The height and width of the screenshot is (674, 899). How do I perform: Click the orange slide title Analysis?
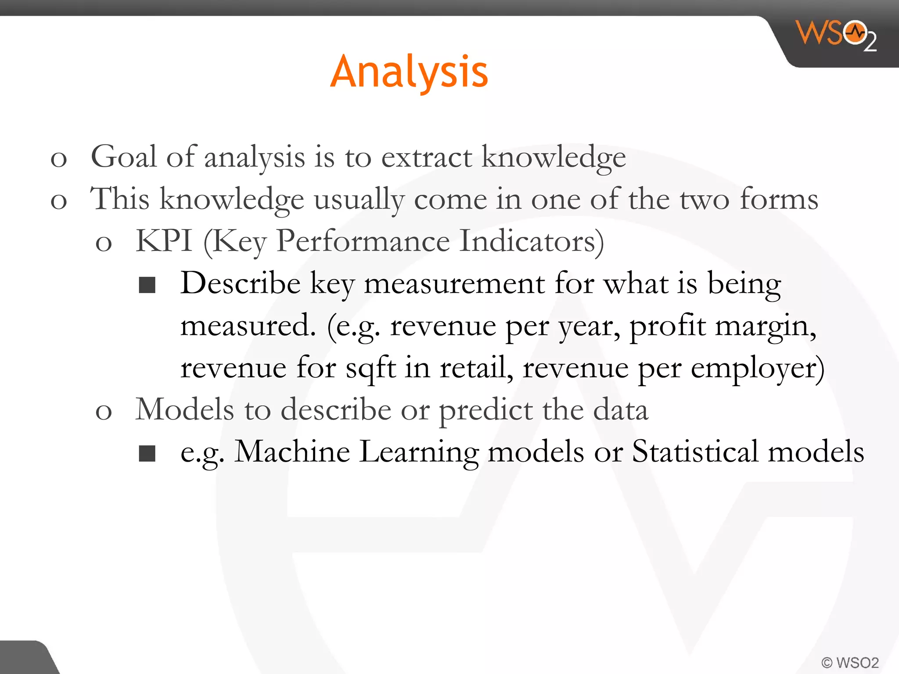(x=409, y=72)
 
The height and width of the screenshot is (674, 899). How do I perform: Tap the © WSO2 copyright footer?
(x=850, y=662)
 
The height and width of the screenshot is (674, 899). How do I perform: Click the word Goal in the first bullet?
(x=123, y=157)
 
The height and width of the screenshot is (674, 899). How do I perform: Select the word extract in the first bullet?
(x=427, y=158)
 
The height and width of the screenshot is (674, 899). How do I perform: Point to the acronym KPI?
(x=164, y=241)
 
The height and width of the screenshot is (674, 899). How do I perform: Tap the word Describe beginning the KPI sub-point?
(x=240, y=283)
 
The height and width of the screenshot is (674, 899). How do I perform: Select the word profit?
(x=668, y=326)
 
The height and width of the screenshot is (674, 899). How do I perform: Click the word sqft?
(x=370, y=368)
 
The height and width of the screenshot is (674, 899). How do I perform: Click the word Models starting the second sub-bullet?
(x=184, y=409)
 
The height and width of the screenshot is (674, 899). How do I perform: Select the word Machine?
(x=292, y=452)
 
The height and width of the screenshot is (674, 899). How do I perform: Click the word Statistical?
(x=695, y=452)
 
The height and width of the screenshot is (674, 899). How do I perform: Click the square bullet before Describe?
(x=147, y=285)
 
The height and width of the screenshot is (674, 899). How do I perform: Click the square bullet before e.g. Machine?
(x=147, y=453)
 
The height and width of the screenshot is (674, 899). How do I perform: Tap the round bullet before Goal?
(x=58, y=159)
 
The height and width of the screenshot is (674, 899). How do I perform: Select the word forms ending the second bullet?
(x=779, y=199)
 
